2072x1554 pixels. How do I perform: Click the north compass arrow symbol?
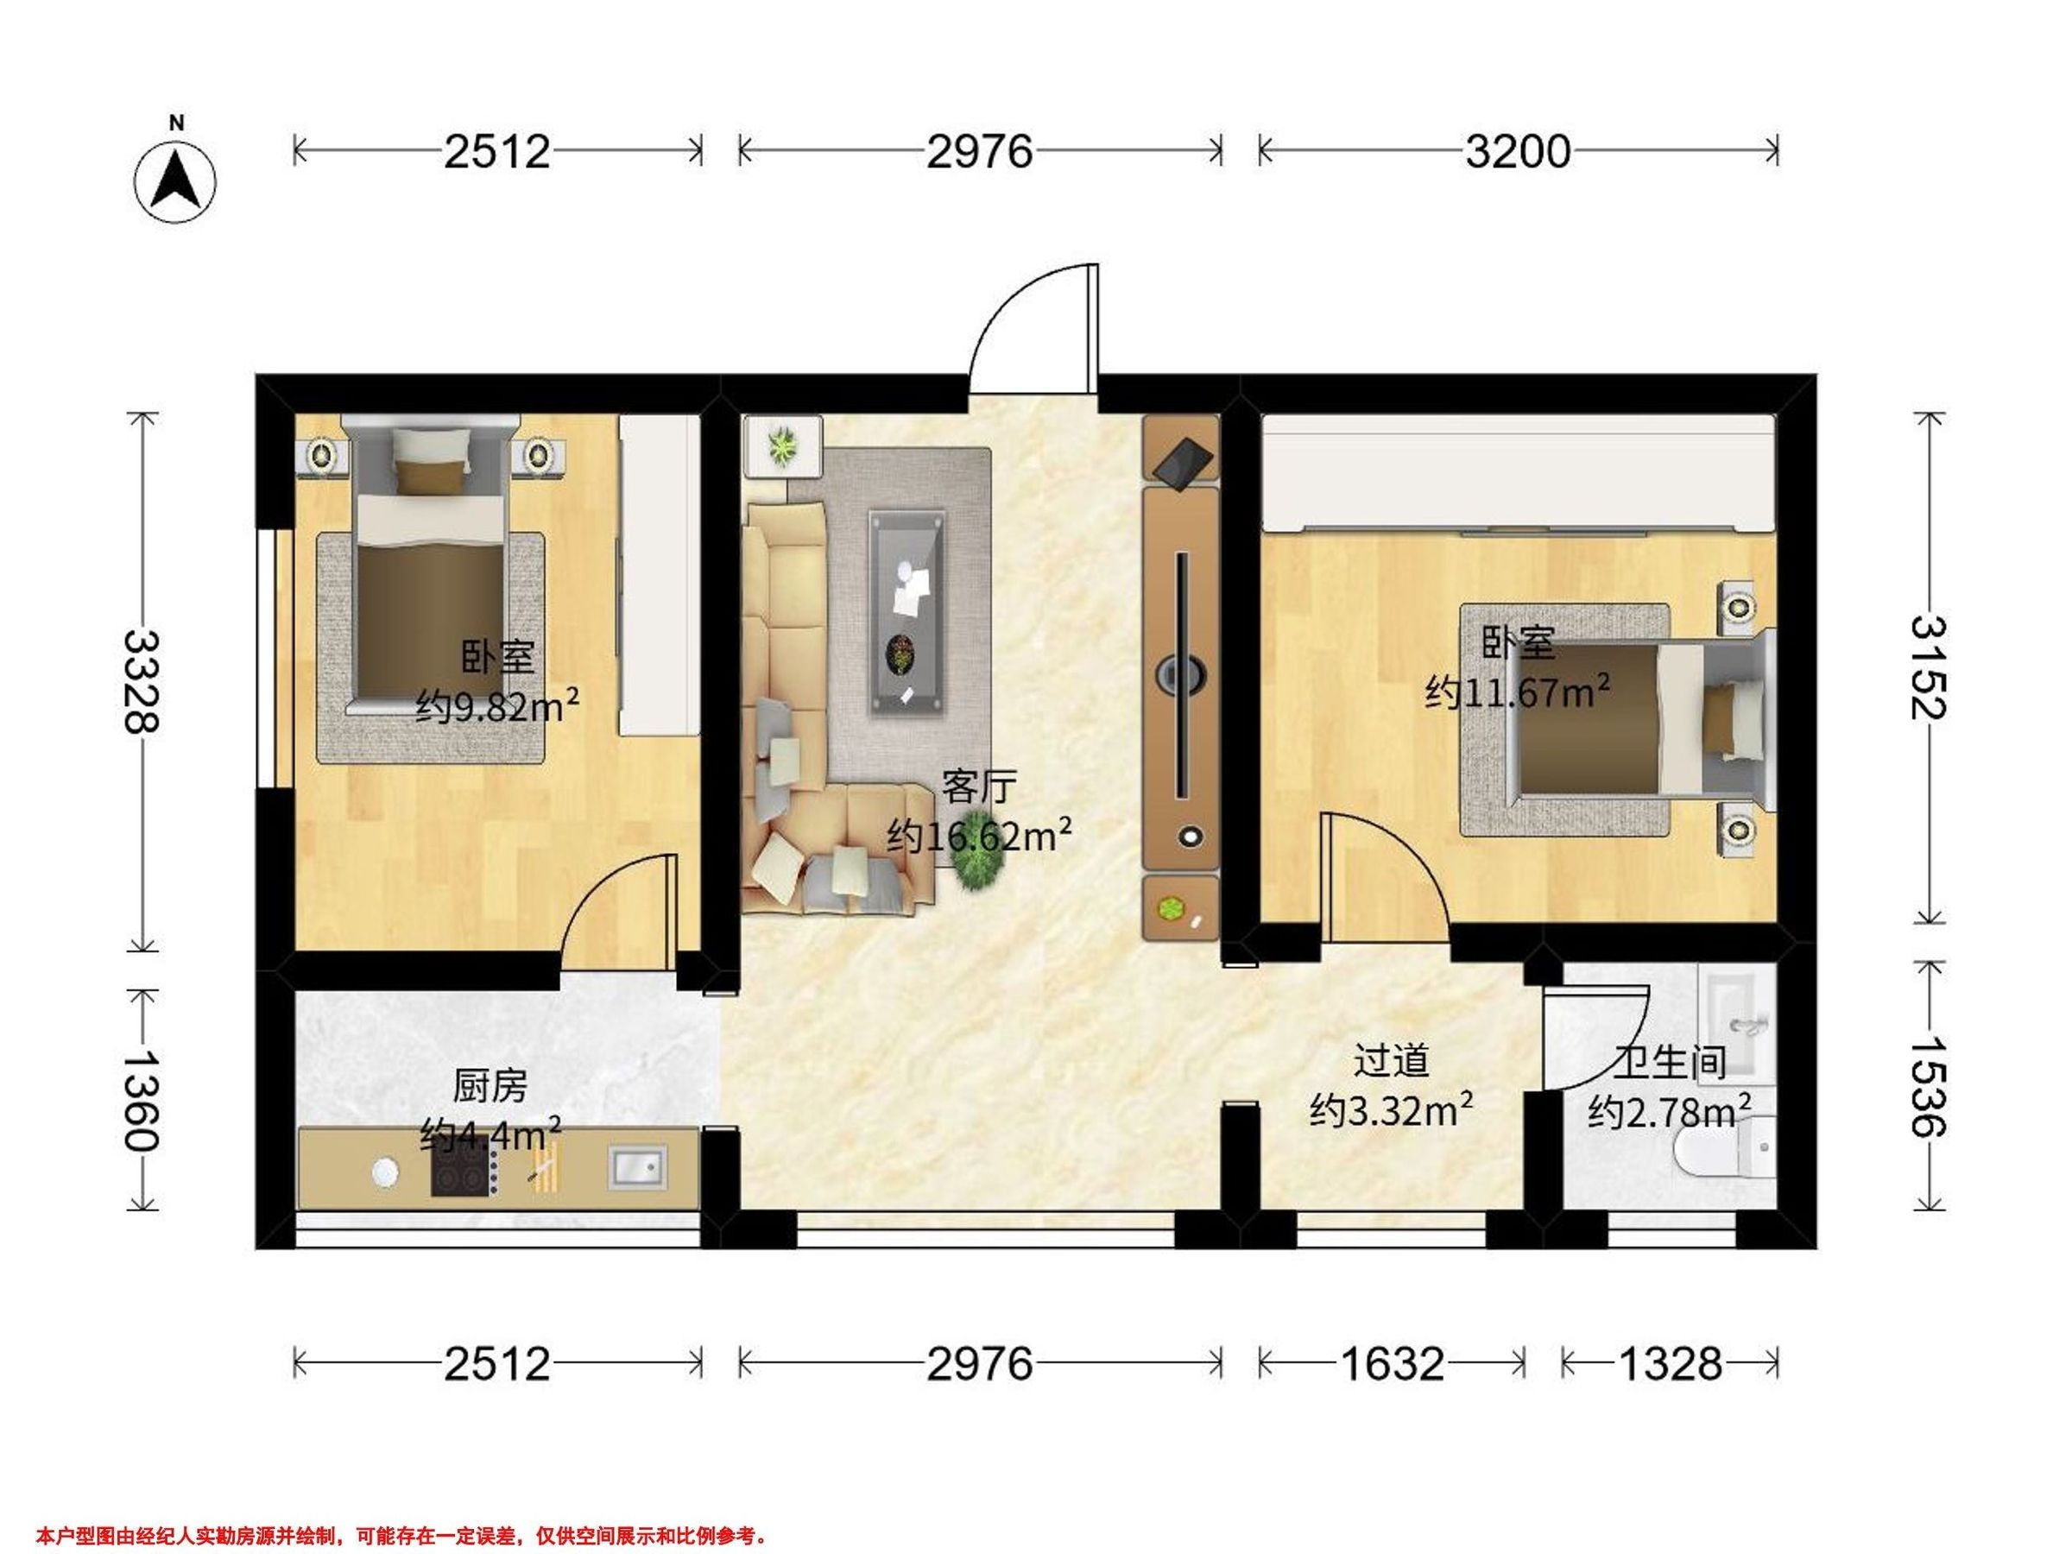tap(175, 178)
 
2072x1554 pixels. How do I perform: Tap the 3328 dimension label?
tap(142, 680)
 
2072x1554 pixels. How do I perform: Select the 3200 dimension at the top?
tap(1518, 151)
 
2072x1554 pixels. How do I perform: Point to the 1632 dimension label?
tap(1392, 1364)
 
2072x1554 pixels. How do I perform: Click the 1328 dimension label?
tap(1671, 1364)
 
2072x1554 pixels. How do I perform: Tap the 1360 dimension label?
tap(142, 1100)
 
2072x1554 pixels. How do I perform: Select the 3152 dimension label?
tap(1929, 667)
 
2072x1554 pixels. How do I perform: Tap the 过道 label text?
tap(1391, 1061)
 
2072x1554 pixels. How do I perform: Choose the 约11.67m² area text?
tap(1518, 692)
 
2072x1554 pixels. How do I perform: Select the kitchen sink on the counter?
tap(638, 1167)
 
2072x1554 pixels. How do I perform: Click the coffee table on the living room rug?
tap(906, 614)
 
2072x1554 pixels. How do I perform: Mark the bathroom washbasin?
tap(1739, 1015)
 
